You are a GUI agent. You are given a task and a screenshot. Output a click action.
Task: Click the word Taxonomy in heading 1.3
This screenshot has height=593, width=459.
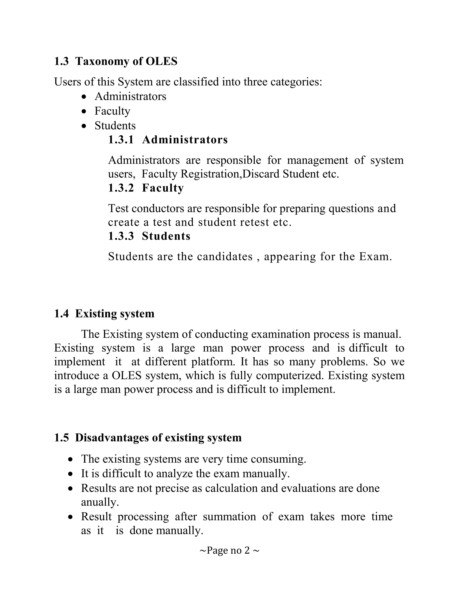pos(102,61)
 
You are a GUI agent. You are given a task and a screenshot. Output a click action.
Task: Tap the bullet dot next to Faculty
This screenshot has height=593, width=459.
pos(84,111)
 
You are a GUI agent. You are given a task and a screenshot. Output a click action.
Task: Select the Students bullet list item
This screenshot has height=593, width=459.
pos(115,126)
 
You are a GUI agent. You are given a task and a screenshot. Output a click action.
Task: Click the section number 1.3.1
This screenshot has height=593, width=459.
pos(121,140)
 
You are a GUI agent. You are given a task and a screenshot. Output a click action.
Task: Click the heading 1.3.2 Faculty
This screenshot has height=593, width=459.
pos(146,188)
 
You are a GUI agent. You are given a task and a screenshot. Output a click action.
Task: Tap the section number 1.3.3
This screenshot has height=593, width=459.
pos(121,236)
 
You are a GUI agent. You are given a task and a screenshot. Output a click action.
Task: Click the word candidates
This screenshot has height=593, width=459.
pos(225,257)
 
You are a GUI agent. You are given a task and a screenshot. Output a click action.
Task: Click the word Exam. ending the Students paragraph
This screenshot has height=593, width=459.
pos(376,257)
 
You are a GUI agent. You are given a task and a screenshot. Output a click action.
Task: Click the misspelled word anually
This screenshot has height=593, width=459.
pos(100,502)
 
